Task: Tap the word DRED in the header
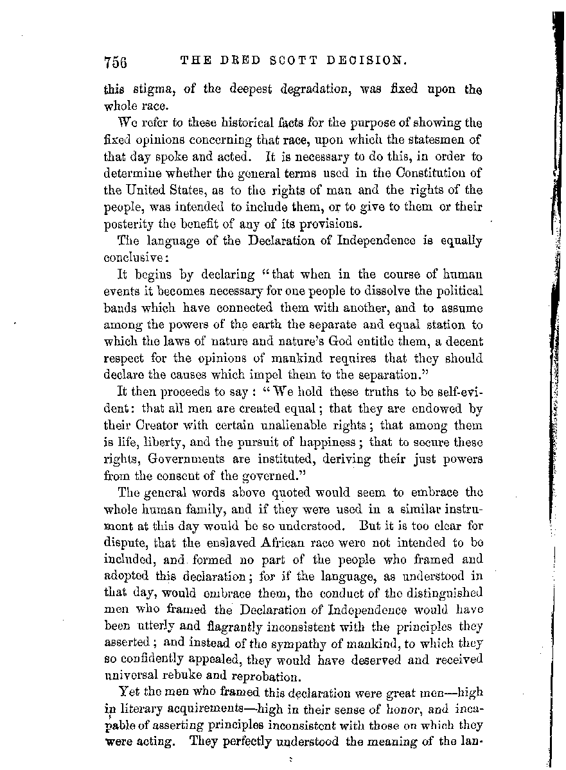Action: point(234,62)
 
